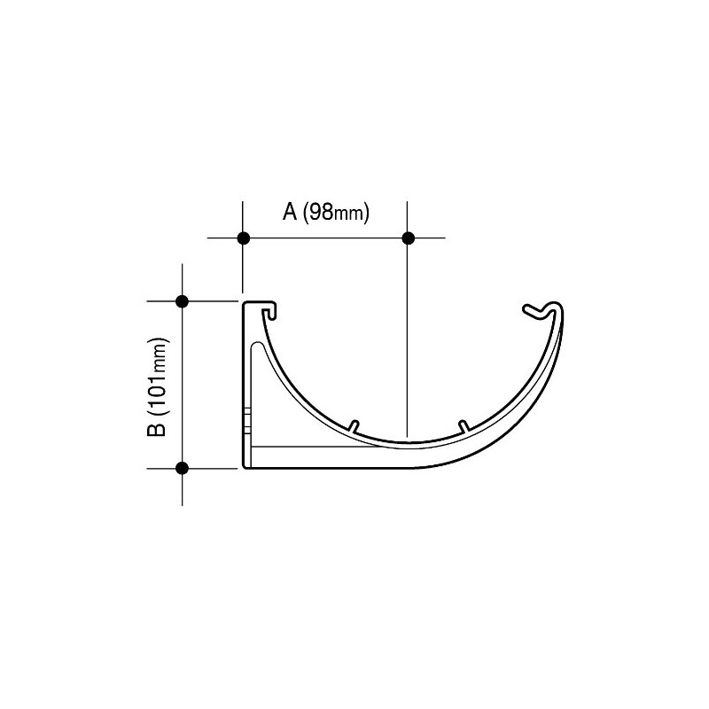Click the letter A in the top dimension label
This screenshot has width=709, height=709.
[289, 212]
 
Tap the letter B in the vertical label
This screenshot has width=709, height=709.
[157, 429]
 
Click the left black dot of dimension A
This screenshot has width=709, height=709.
[244, 238]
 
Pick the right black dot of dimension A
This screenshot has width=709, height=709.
[408, 238]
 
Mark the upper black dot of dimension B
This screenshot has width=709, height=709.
[182, 301]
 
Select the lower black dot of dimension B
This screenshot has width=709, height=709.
[182, 468]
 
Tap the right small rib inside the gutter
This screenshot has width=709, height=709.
[463, 425]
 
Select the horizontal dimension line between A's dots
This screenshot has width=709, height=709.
[325, 238]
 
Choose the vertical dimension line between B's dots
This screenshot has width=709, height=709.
[182, 385]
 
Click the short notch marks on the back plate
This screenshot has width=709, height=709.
[248, 417]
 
